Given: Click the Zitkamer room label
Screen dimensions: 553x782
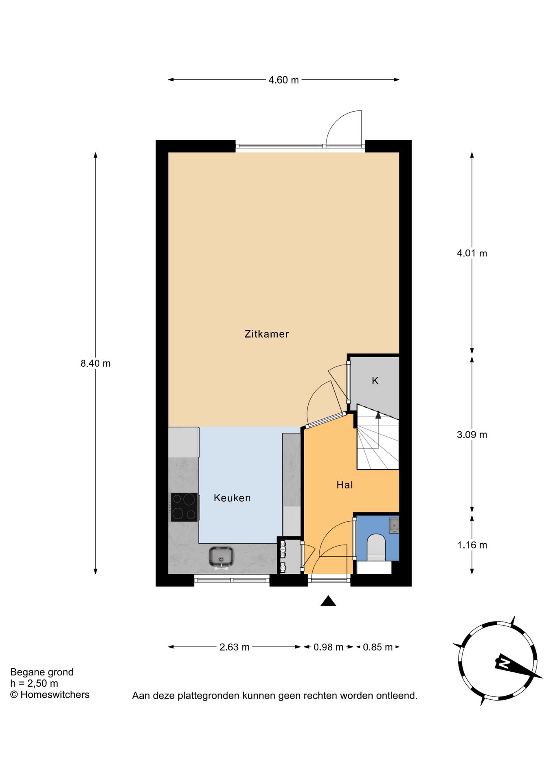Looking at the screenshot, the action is coord(266,334).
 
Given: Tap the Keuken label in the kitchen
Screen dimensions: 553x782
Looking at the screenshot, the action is coord(232,498).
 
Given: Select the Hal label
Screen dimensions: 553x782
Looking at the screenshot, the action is coord(345,485).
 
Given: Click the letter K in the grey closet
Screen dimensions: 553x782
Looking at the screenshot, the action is coord(375,380).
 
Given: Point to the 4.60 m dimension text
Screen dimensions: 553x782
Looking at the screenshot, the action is coord(283,80).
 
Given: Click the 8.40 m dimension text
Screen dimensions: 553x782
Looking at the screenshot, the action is coord(96,363).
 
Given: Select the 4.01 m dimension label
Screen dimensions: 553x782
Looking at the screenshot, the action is coord(472,253).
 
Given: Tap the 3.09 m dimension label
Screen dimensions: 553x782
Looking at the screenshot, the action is coord(472,435).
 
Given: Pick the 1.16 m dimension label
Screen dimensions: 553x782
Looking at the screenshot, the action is coord(472,545).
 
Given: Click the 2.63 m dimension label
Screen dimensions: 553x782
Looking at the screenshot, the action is coord(235,647).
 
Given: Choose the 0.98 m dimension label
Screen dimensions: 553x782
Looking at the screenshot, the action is coord(329,647).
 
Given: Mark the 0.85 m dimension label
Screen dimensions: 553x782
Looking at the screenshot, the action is coord(378,647).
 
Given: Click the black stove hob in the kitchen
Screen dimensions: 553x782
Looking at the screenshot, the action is coord(184,507).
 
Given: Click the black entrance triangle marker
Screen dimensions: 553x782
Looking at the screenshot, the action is coord(328,601).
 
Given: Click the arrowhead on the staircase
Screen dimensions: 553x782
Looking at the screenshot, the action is coord(378,415).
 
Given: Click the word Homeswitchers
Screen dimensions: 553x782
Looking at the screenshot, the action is coord(55,694).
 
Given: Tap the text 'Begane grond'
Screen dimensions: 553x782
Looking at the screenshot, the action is coord(42,672).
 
